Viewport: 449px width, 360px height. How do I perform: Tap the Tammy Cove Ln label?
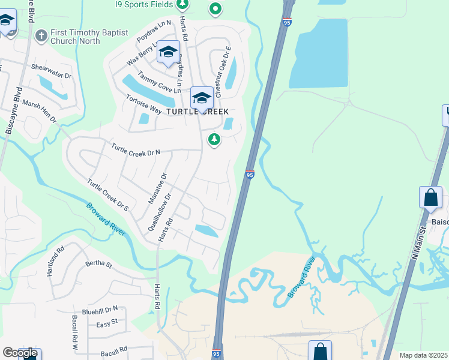(x=158, y=82)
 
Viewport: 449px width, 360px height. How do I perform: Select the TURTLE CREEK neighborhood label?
(x=197, y=112)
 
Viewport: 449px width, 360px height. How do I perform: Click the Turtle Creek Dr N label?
(x=136, y=148)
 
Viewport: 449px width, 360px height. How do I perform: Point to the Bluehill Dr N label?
(x=100, y=311)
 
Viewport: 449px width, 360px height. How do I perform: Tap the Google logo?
(x=20, y=353)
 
